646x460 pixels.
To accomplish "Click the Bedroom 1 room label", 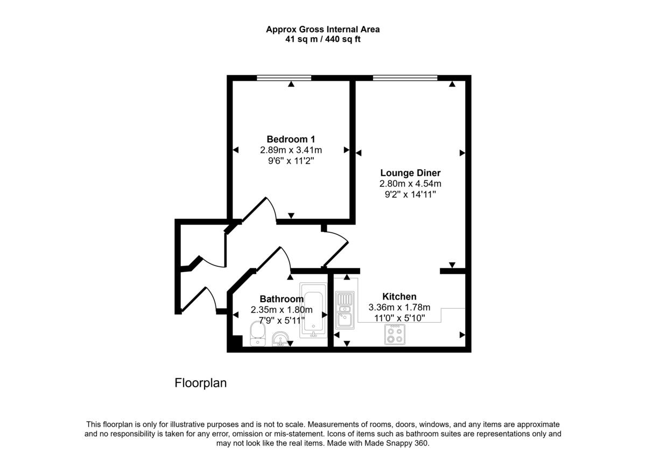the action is click(x=291, y=140).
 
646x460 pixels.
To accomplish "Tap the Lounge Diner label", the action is click(x=410, y=173).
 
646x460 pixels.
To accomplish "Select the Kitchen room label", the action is click(x=399, y=296).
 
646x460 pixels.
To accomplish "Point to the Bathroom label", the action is click(x=282, y=299).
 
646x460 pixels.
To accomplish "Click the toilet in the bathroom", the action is click(x=258, y=333).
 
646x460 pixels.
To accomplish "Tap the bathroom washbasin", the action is click(x=280, y=339).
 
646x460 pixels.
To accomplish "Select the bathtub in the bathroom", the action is click(x=313, y=310).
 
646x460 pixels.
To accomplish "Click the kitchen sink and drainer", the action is click(x=345, y=310).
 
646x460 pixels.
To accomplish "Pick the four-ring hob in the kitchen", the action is click(x=395, y=334).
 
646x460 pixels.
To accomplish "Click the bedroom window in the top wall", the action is click(x=284, y=78).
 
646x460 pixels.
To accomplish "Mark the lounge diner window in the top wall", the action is click(x=405, y=78).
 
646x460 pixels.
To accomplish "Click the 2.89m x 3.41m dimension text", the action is click(x=291, y=150).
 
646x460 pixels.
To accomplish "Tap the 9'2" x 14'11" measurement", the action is click(x=410, y=194).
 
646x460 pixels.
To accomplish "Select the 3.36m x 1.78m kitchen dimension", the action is click(x=399, y=308).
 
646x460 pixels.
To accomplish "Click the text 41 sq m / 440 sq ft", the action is click(x=322, y=39).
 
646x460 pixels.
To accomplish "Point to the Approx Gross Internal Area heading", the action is click(x=322, y=30).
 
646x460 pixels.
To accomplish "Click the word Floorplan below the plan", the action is click(x=201, y=383).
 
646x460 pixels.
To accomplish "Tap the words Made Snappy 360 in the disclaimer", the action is click(x=396, y=443).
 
